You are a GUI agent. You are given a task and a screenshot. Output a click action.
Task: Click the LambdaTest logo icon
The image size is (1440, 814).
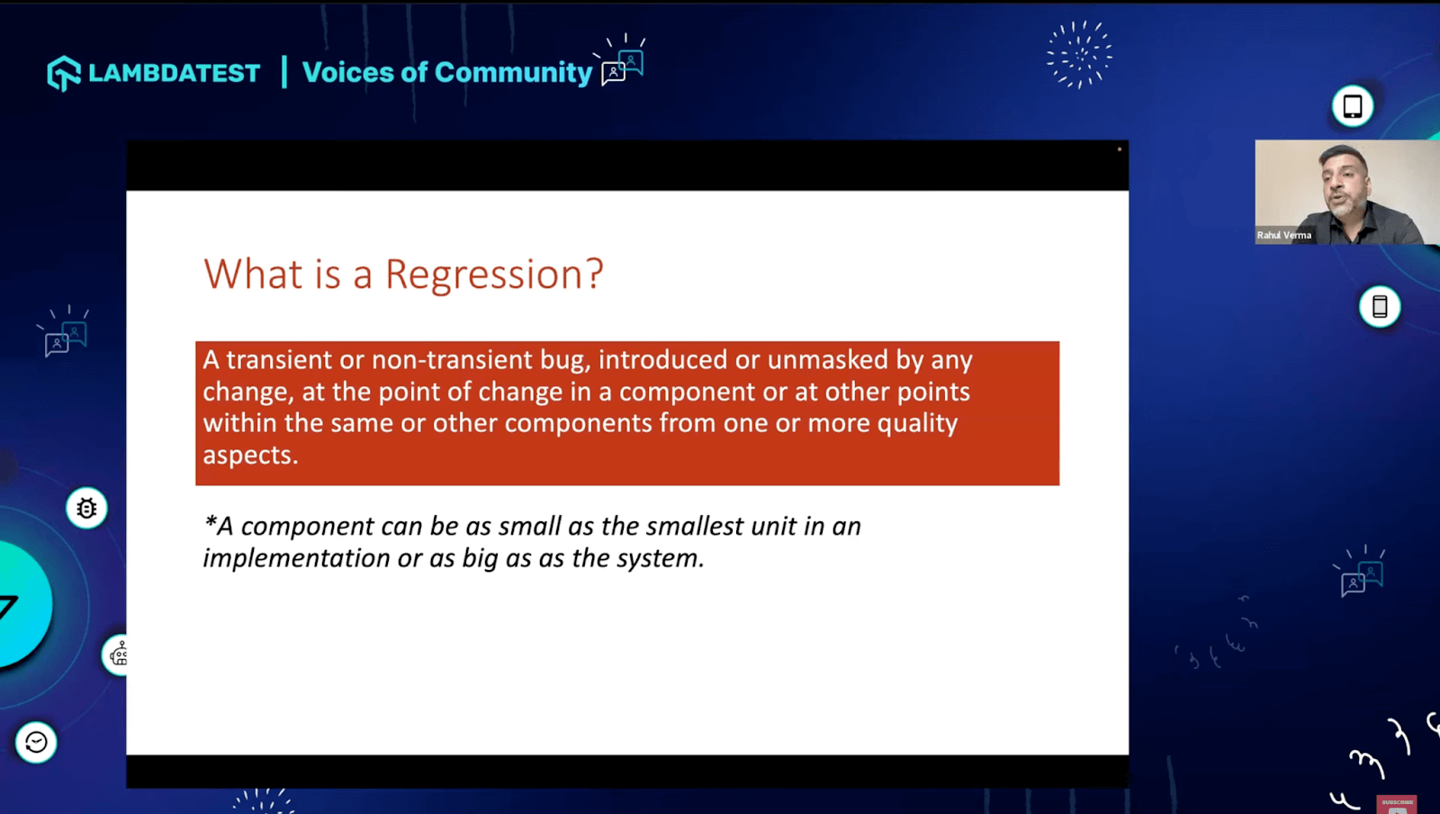pos(63,73)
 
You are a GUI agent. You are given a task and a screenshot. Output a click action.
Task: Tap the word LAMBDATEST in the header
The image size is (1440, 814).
pos(174,73)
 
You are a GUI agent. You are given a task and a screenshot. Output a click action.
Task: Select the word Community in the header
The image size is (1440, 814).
pos(513,72)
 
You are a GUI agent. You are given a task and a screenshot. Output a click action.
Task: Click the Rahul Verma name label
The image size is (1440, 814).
pos(1284,235)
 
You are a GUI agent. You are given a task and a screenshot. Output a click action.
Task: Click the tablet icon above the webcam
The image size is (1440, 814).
pos(1352,106)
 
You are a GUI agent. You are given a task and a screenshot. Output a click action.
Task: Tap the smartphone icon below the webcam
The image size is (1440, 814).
pos(1379,307)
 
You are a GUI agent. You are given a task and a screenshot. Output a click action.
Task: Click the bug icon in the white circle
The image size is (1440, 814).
pos(86,509)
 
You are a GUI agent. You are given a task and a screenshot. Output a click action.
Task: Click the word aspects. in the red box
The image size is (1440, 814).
pos(249,456)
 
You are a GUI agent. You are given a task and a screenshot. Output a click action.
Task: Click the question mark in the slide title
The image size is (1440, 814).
pos(594,275)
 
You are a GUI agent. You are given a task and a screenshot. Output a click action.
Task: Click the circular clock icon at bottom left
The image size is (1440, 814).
pos(36,742)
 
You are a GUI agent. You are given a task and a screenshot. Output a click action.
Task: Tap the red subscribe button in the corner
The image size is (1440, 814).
pos(1397,804)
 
